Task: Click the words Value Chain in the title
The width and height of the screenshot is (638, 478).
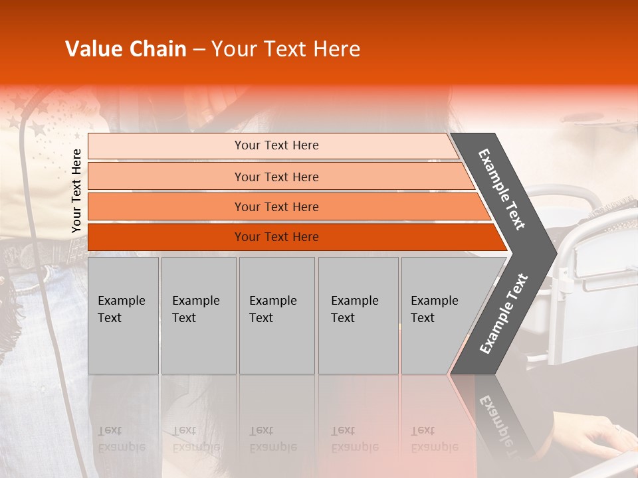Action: pyautogui.click(x=126, y=49)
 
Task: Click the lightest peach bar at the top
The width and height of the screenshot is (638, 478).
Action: pyautogui.click(x=166, y=146)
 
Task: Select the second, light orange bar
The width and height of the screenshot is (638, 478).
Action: pyautogui.click(x=166, y=177)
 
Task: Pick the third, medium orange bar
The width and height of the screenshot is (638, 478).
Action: pyautogui.click(x=166, y=207)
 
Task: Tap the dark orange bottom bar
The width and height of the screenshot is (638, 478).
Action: pyautogui.click(x=166, y=237)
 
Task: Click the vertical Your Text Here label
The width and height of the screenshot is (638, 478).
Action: pyautogui.click(x=76, y=191)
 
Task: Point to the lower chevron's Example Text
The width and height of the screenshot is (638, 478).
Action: pyautogui.click(x=504, y=313)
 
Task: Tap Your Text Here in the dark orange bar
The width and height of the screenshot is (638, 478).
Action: pyautogui.click(x=276, y=237)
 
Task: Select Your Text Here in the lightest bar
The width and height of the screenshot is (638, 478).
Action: pyautogui.click(x=276, y=145)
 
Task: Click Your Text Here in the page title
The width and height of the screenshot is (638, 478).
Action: pyautogui.click(x=286, y=49)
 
